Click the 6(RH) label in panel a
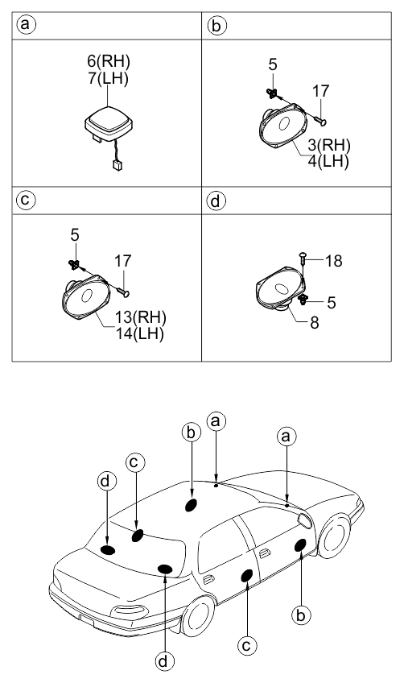click(109, 61)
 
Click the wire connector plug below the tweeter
click(117, 165)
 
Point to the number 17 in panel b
click(321, 91)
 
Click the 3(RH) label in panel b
click(328, 145)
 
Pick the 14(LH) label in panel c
click(139, 333)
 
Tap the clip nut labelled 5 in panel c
click(73, 263)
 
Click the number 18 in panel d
click(333, 261)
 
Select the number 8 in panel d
click(315, 323)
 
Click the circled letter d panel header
click(216, 201)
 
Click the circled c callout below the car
click(247, 645)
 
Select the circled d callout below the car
click(164, 662)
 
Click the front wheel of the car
click(334, 536)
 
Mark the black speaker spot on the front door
click(301, 545)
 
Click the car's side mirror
click(305, 521)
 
